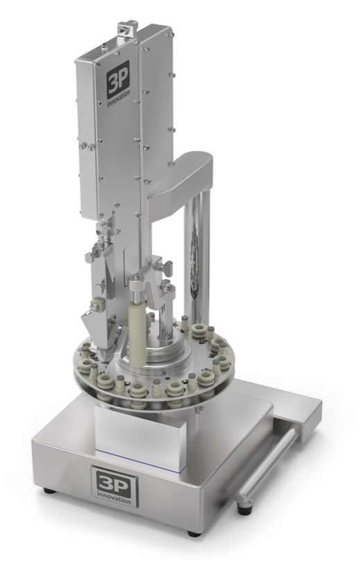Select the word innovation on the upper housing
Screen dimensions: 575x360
click(x=118, y=98)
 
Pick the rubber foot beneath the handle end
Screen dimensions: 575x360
click(x=242, y=509)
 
